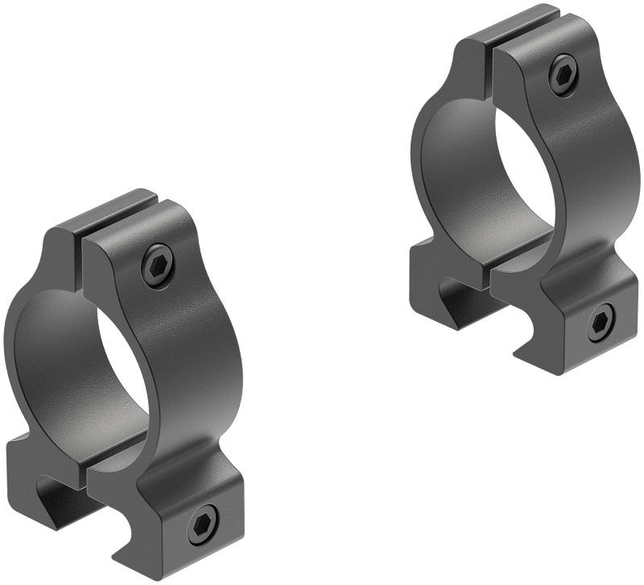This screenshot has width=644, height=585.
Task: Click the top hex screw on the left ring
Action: (158, 265)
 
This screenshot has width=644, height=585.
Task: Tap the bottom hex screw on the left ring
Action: (204, 526)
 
